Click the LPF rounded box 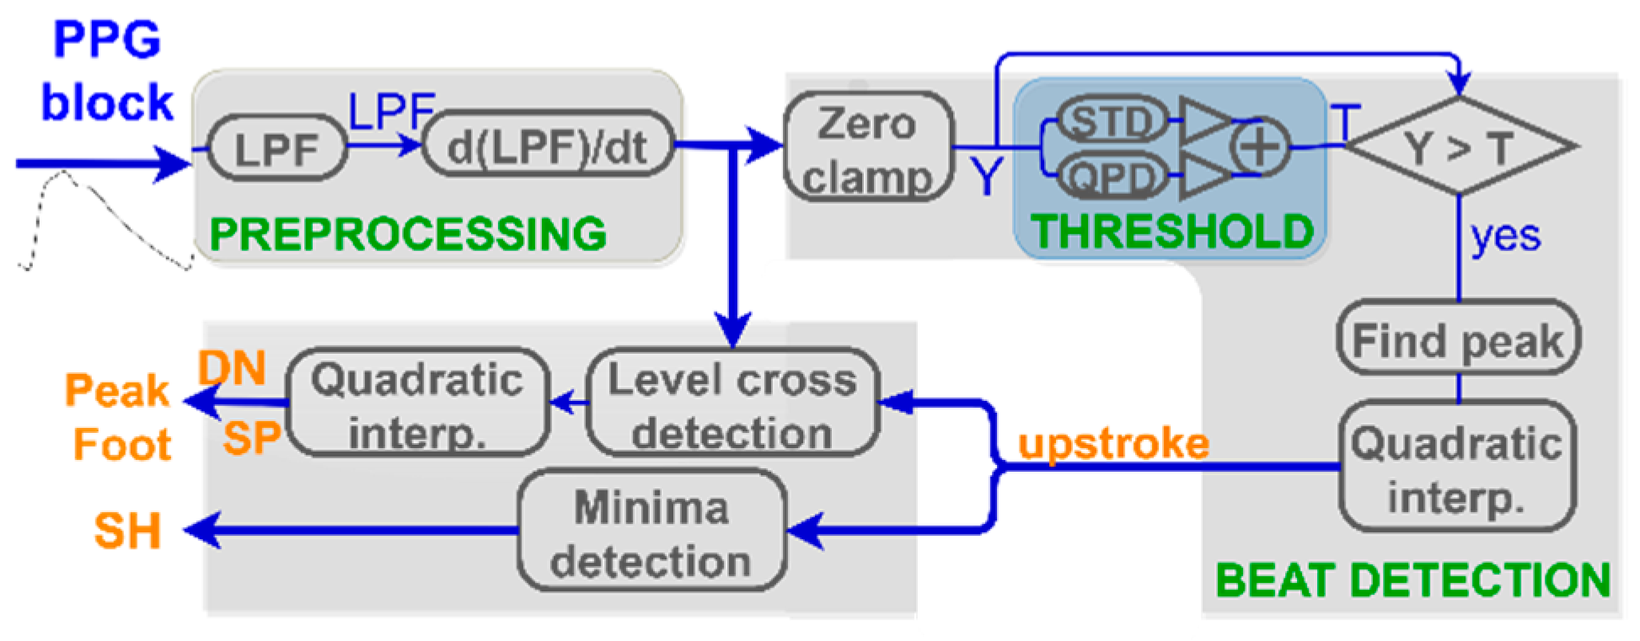pos(276,149)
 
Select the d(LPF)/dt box pos(548,146)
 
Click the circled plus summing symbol pos(1259,147)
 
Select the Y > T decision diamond pos(1459,147)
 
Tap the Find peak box pos(1458,339)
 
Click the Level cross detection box pos(732,404)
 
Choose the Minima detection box pos(651,532)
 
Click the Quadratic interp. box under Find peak pos(1457,467)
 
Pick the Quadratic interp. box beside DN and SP pos(418,404)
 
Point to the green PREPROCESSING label pos(408,233)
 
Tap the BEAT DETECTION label pos(1412,580)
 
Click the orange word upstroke pos(1113,443)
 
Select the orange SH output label pos(127,531)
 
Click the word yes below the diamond pos(1505,236)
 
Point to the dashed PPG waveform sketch pos(101,219)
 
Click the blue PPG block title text pos(107,72)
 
